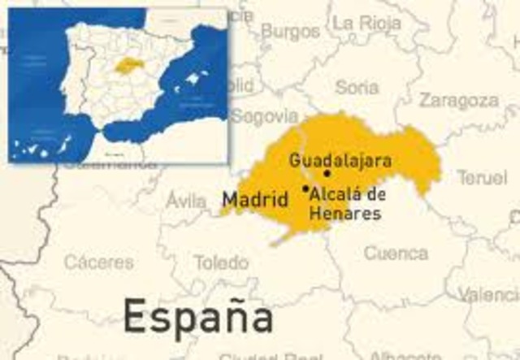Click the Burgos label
tap(290, 32)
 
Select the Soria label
tap(357, 86)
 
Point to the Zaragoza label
tap(458, 101)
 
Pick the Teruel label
tap(481, 177)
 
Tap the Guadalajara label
tap(340, 161)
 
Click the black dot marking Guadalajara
tap(327, 173)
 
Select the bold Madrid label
tap(255, 199)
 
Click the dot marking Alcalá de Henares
tap(305, 189)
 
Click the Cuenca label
tap(396, 253)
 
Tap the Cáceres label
tap(99, 262)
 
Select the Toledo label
tap(221, 262)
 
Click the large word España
tap(197, 316)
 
